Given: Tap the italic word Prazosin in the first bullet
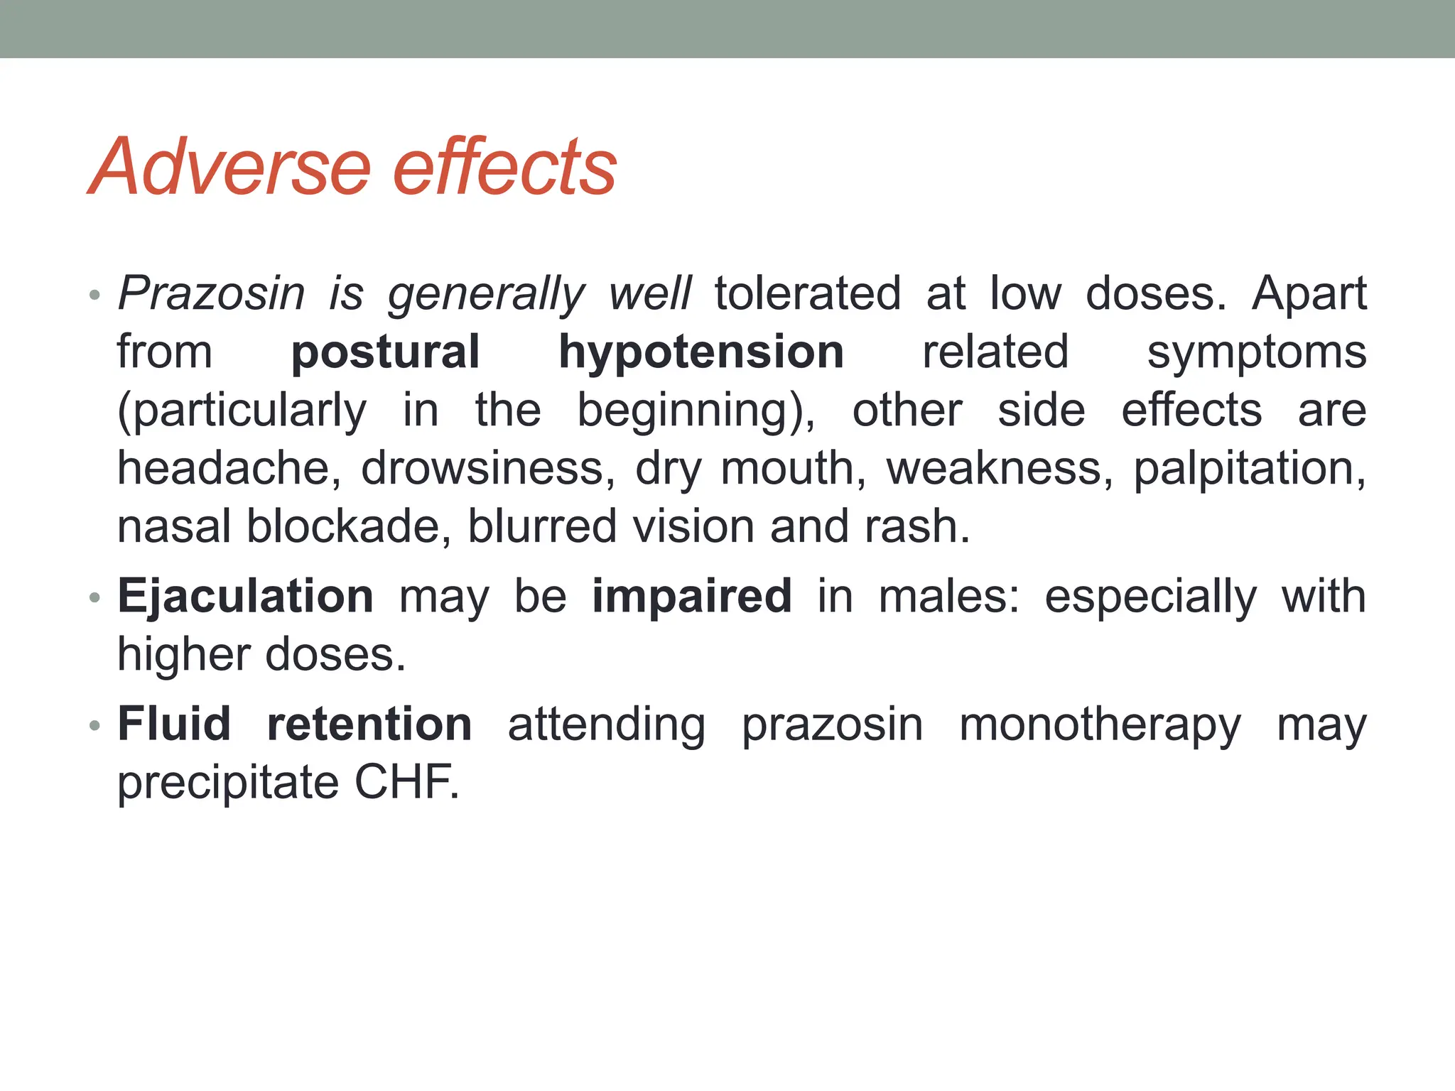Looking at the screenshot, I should (211, 293).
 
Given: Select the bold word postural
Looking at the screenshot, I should (386, 352).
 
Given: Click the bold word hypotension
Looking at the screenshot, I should (701, 352).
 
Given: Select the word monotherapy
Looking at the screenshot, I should (1100, 725).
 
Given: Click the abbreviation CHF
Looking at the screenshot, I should (406, 783).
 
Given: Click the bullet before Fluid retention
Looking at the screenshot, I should (95, 726).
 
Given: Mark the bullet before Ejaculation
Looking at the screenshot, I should (95, 598).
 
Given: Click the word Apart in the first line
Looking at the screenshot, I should (1309, 293).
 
